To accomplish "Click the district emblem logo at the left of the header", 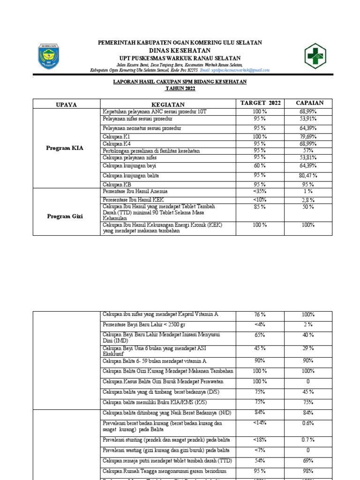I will pos(48,56).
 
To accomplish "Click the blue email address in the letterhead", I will pos(234,70).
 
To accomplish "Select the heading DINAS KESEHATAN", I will pos(180,50).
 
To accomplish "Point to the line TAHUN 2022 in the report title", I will pos(180,88).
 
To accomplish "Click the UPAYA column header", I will pos(66,104).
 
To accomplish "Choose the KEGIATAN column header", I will pos(168,104).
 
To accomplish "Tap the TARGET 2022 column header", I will pos(260,103).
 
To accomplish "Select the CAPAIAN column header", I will pos(309,103).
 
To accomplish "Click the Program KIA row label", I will pos(65,148).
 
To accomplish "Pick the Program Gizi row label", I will pos(65,216).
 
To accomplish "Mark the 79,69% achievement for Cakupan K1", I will pos(308,136).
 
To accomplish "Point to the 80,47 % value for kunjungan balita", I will pos(308,175).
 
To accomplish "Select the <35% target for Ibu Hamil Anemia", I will pos(260,191).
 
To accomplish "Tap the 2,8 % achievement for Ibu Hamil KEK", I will pos(308,200).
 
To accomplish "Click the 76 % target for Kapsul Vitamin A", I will pos(260,315).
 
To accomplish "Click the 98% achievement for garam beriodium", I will pos(308,471).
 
